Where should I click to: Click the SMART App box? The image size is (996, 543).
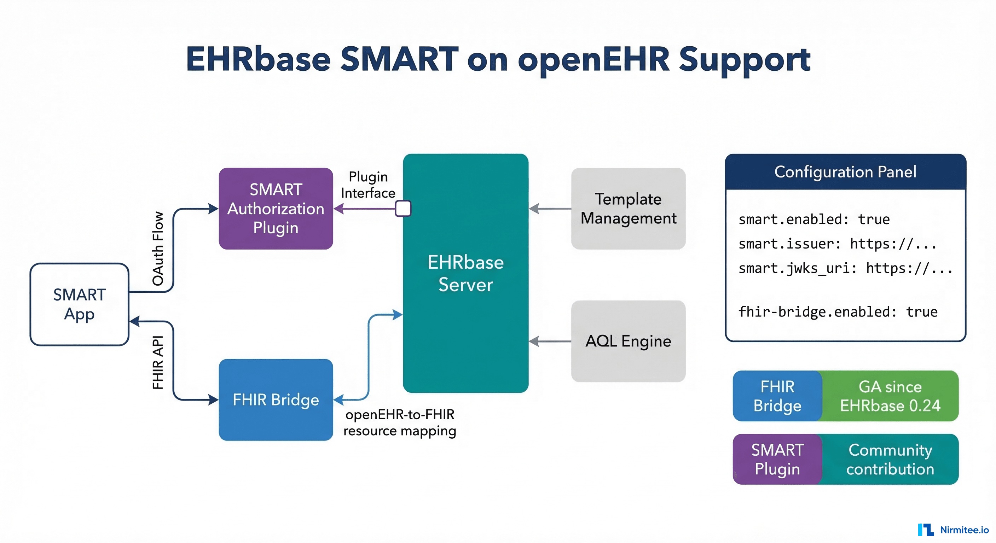[x=79, y=304]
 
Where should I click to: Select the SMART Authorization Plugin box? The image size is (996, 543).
[x=276, y=208]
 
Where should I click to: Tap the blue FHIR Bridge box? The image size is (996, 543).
[x=276, y=399]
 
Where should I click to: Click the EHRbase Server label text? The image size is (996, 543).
[x=465, y=273]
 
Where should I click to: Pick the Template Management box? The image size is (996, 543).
[x=628, y=208]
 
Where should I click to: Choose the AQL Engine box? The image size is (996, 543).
[x=628, y=341]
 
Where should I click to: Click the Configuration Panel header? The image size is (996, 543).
[x=845, y=171]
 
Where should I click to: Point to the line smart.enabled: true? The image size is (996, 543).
[x=814, y=220]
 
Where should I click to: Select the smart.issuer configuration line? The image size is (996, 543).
[x=838, y=244]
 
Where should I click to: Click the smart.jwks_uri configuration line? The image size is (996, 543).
[x=845, y=268]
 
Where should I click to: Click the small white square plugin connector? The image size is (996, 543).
[x=403, y=208]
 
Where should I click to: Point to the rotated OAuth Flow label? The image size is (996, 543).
[x=158, y=249]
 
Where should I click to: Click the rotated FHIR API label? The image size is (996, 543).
[x=158, y=362]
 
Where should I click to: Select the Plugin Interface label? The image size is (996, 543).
[x=368, y=185]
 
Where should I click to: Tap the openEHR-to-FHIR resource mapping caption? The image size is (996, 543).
[x=400, y=422]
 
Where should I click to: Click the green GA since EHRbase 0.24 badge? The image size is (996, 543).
[x=890, y=396]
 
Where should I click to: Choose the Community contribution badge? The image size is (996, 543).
[x=890, y=459]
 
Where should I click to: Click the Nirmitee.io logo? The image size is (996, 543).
[x=953, y=530]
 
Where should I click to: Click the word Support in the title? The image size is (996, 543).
[x=744, y=60]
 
